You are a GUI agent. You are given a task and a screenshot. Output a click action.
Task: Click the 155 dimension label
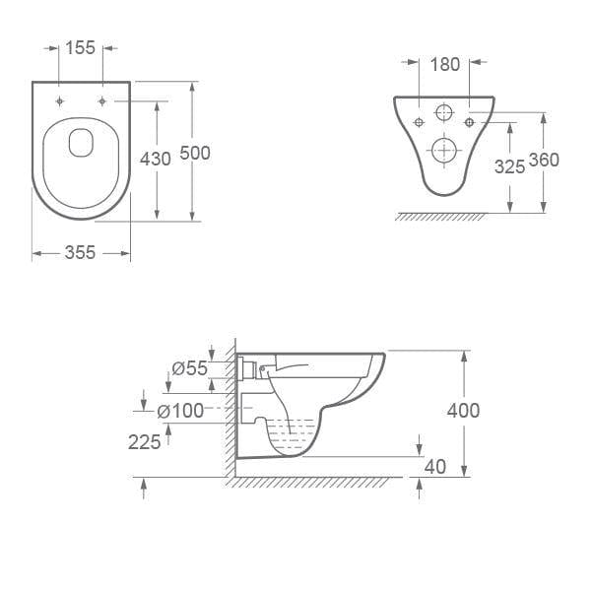coord(82,47)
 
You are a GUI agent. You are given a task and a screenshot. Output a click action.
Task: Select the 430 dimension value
coord(156,158)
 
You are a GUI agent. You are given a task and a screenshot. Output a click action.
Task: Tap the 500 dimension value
coord(195,154)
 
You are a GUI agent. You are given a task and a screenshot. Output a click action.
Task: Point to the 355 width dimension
coord(80,253)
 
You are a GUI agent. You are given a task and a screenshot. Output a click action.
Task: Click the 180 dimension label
coord(445,64)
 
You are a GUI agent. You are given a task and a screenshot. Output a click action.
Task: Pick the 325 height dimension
coord(509,166)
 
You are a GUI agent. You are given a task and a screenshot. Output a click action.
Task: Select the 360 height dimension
coord(544,161)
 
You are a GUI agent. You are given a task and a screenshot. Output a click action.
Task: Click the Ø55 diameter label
coord(189,368)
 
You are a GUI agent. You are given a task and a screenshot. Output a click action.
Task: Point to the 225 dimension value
coord(144,442)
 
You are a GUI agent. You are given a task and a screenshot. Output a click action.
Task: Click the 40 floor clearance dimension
coord(433,465)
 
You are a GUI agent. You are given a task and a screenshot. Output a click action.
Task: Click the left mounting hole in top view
coord(61,101)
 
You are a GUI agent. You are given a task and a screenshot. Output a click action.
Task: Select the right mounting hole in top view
coord(102,101)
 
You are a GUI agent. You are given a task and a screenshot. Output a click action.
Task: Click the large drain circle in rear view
coord(445,149)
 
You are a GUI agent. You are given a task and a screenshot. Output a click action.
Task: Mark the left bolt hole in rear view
coord(420,122)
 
